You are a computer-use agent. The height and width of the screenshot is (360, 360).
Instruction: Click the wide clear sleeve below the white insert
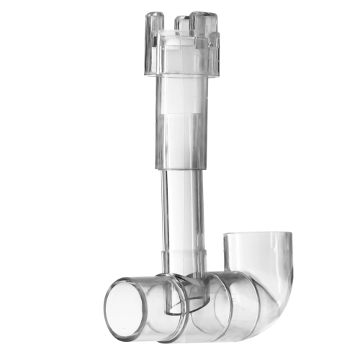click(181, 140)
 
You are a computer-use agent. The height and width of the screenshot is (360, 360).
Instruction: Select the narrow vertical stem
click(181, 209)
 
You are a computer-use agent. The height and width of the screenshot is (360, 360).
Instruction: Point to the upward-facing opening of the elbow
click(258, 238)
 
